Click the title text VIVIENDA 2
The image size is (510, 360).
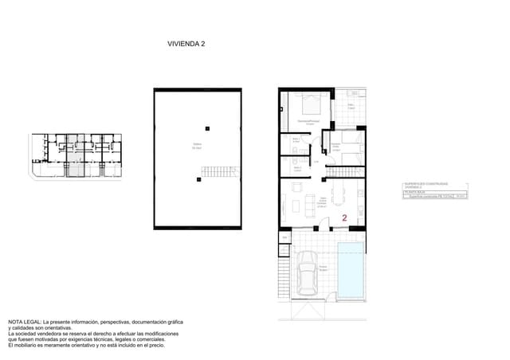pyautogui.click(x=187, y=45)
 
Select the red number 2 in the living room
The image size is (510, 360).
pyautogui.click(x=344, y=217)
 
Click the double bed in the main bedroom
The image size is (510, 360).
pyautogui.click(x=309, y=104)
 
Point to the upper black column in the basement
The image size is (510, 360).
pyautogui.click(x=207, y=127)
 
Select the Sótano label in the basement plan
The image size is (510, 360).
pyautogui.click(x=196, y=146)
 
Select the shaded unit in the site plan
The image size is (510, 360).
pyautogui.click(x=73, y=155)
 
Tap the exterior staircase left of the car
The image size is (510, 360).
pyautogui.click(x=283, y=274)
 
